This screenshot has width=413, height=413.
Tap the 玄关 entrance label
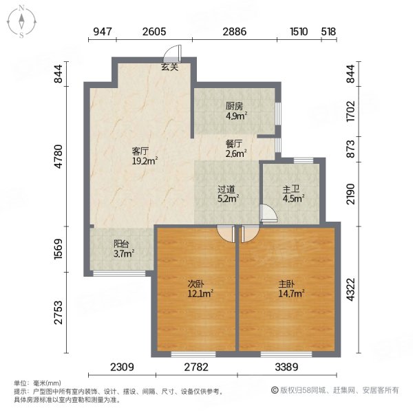[170, 67]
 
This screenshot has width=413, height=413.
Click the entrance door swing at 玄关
[175, 54]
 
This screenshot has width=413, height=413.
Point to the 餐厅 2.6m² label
[235, 149]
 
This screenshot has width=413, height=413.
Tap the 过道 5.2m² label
[228, 193]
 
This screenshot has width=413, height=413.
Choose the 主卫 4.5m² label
[292, 193]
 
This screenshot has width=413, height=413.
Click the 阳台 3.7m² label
[123, 248]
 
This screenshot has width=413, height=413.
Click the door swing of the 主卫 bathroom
[268, 214]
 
